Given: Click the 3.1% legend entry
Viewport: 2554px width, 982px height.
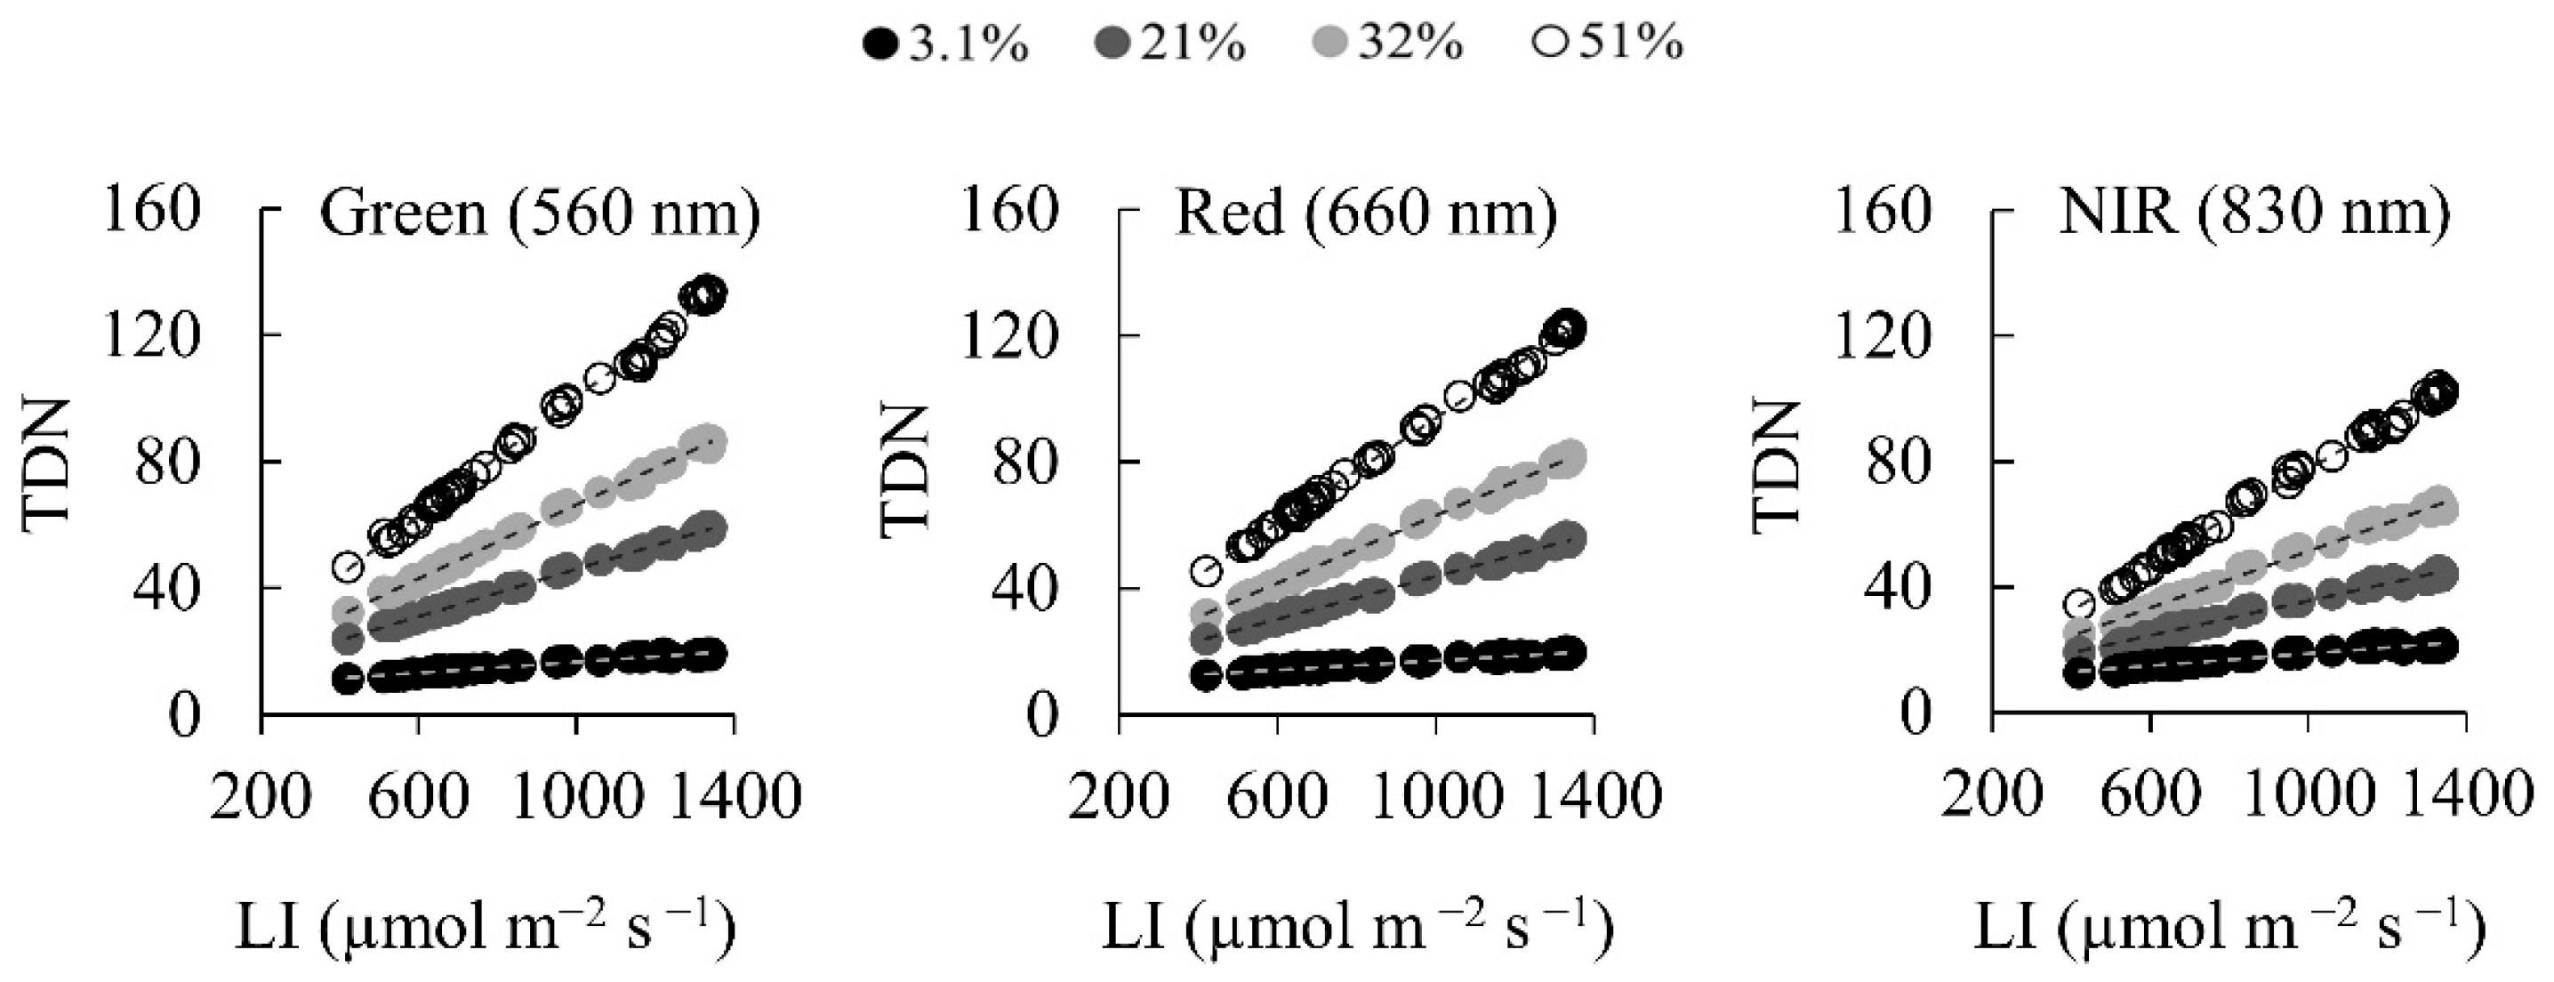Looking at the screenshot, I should point(948,44).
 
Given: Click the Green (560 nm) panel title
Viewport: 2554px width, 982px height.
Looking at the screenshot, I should point(541,213).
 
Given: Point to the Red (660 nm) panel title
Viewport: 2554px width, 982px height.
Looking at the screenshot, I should point(1366,213).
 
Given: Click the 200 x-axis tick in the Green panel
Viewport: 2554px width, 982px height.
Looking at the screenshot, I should point(260,795).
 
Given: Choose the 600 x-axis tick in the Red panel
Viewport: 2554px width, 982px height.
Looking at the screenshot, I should point(1276,795).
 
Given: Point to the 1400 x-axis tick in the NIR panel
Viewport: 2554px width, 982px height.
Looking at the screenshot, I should point(2467,795).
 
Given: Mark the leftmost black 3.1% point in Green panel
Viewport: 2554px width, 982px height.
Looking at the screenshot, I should point(347,679).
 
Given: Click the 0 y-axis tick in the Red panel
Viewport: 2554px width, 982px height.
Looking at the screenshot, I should point(1041,715).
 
